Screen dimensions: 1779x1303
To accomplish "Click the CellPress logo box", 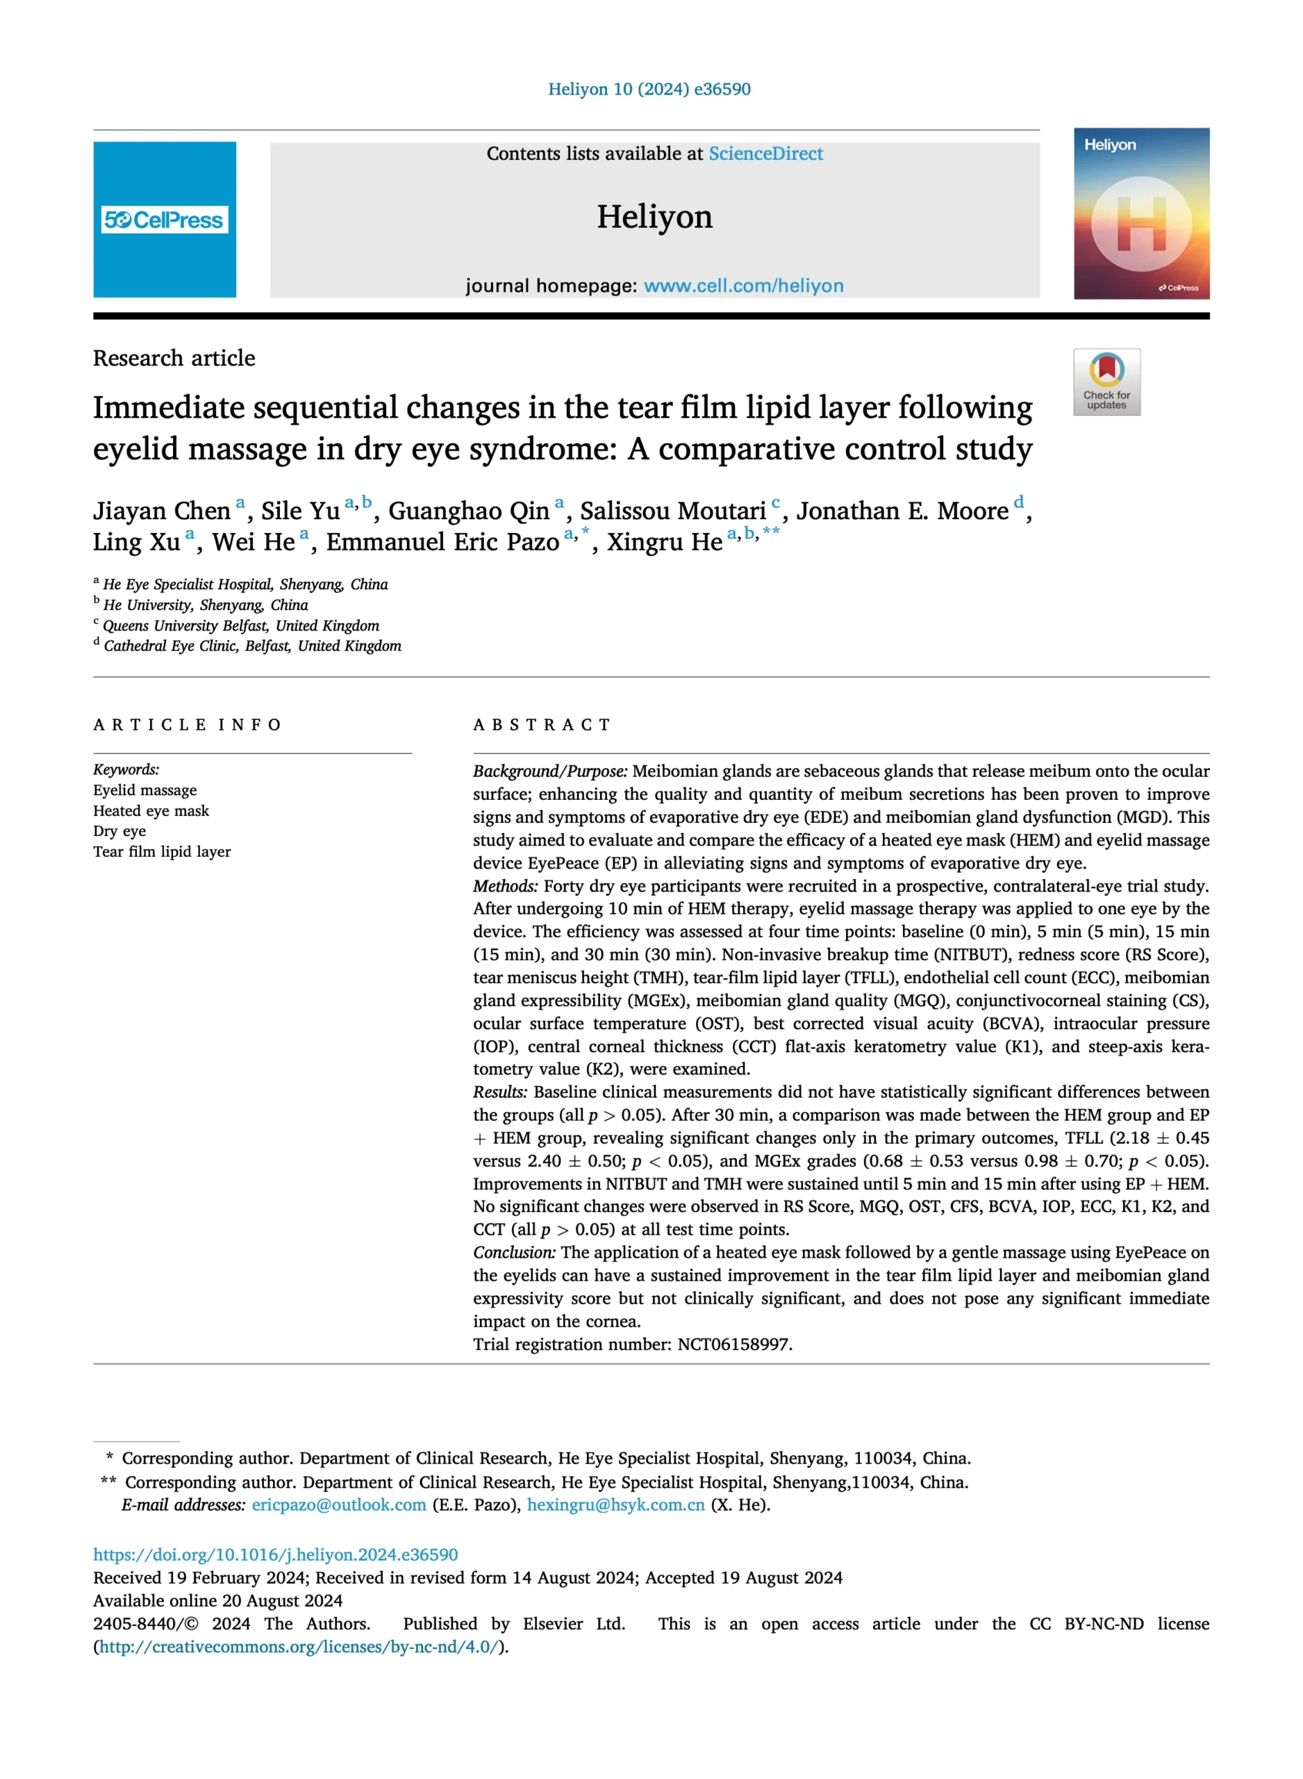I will (164, 220).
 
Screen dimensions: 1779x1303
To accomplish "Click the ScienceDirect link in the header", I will (765, 154).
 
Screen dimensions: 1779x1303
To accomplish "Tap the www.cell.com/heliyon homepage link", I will (743, 286).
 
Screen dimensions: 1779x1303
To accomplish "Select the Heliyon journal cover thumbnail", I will (1140, 213).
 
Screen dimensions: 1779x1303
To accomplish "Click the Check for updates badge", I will (1106, 382).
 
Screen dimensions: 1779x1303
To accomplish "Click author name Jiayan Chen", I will (162, 511).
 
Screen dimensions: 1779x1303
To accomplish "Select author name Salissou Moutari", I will (673, 511).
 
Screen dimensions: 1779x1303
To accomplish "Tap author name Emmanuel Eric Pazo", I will (442, 542).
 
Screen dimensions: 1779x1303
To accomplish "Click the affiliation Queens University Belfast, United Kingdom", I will (240, 625).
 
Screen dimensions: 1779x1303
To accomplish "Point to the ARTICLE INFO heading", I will (187, 725).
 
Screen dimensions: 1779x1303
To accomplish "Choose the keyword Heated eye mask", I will (151, 811).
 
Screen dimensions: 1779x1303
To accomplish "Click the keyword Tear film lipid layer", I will (162, 852).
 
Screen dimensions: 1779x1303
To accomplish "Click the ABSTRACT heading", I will (542, 725).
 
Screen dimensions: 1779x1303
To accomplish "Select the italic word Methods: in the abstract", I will (506, 886).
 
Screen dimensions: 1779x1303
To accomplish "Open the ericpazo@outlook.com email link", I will (339, 1505).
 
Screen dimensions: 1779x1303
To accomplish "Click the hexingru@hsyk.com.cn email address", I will (615, 1505).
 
